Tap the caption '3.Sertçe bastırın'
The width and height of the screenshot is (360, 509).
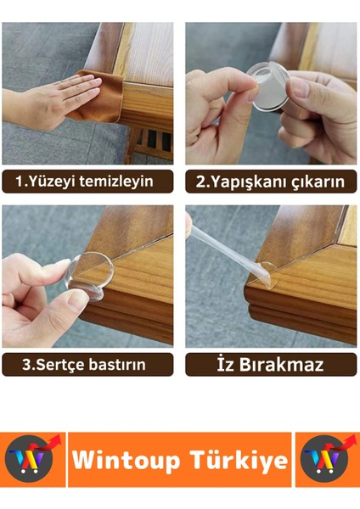(87, 365)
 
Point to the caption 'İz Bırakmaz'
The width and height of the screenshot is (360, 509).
(271, 365)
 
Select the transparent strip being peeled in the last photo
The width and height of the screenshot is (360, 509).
(225, 246)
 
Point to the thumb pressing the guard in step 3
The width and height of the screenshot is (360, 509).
(72, 301)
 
